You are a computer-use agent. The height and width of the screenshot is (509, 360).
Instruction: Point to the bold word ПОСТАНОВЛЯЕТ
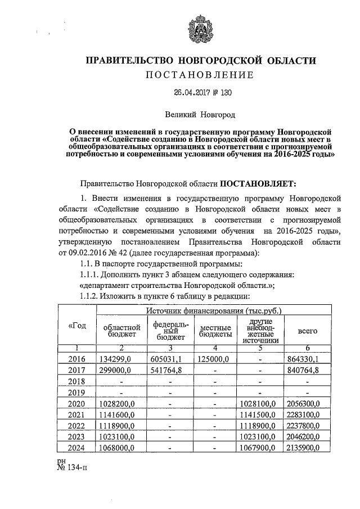tap(263, 182)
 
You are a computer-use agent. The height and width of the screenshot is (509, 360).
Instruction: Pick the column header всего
tap(308, 331)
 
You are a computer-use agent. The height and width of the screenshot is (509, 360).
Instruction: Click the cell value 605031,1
tap(166, 359)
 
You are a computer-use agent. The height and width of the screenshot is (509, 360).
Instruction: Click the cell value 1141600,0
tap(118, 415)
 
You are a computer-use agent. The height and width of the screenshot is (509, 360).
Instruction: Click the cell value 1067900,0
tap(259, 448)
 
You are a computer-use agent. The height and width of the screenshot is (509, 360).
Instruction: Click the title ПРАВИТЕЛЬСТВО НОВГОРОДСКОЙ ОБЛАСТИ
tap(201, 60)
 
